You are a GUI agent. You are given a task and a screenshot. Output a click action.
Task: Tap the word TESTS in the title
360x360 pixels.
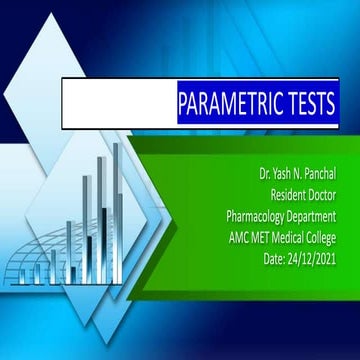point(306,104)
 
